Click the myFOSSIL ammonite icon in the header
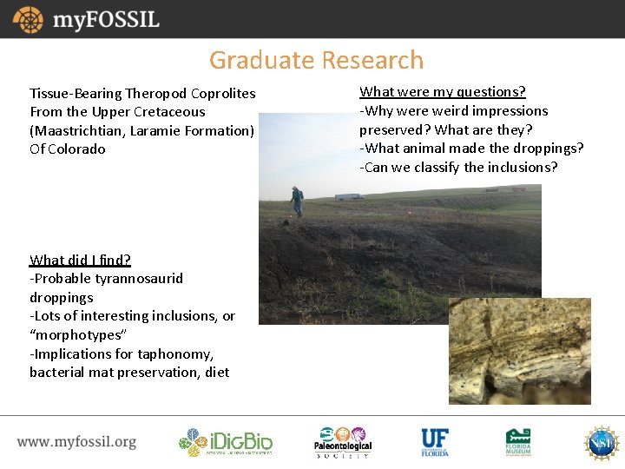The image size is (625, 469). (x=27, y=19)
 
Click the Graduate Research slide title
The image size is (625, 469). (x=316, y=60)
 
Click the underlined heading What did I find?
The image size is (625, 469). (x=80, y=260)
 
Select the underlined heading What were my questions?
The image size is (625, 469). (x=443, y=91)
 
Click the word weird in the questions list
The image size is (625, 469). (x=450, y=110)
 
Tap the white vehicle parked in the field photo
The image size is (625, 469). (x=349, y=196)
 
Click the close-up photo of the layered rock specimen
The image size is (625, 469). (x=519, y=351)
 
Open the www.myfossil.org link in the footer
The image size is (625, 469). (x=76, y=442)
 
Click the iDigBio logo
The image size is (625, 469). (x=226, y=442)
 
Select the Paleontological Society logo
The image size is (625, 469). (x=342, y=442)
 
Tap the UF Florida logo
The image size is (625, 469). (x=434, y=442)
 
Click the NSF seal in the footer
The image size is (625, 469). (x=601, y=442)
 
